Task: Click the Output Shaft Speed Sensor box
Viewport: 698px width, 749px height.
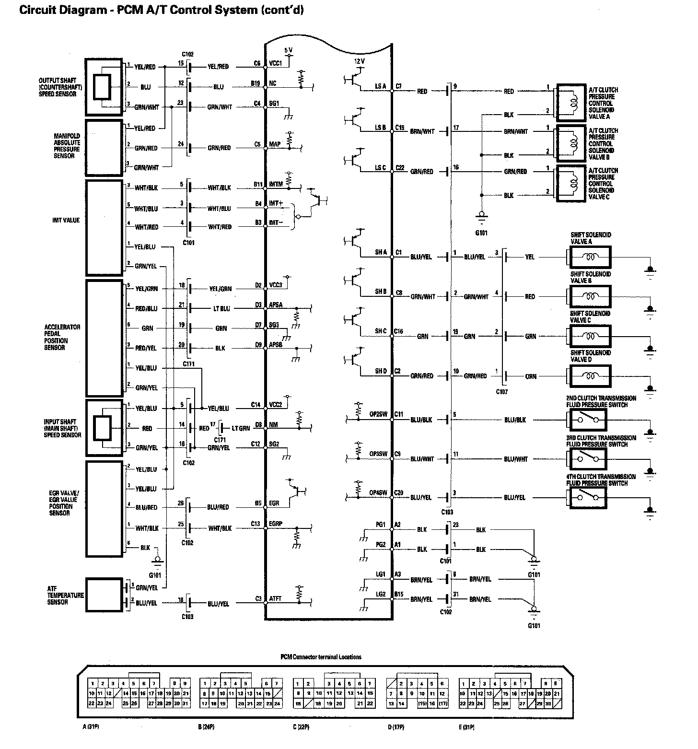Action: coord(104,87)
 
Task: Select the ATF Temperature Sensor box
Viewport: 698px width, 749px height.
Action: coord(104,595)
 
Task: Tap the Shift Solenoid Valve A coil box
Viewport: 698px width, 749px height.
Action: coord(590,257)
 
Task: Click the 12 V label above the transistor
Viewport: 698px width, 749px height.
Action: coord(360,62)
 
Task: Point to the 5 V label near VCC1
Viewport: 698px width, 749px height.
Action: coord(288,50)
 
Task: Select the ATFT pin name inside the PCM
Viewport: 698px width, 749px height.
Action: coord(276,599)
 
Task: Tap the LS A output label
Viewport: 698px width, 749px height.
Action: coord(381,87)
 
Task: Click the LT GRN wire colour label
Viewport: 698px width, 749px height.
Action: coord(241,428)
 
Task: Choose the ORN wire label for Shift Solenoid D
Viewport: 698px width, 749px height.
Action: coord(531,376)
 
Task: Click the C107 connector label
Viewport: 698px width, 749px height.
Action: coord(501,392)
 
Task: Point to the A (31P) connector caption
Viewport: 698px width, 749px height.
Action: coord(91,727)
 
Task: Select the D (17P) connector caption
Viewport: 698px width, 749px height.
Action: coord(396,727)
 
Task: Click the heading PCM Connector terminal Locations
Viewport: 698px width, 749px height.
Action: coord(321,657)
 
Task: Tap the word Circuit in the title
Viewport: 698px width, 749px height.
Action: coord(36,10)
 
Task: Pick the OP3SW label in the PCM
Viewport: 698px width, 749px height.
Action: coord(378,454)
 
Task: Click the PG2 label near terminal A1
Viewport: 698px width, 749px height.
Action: coord(381,545)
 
